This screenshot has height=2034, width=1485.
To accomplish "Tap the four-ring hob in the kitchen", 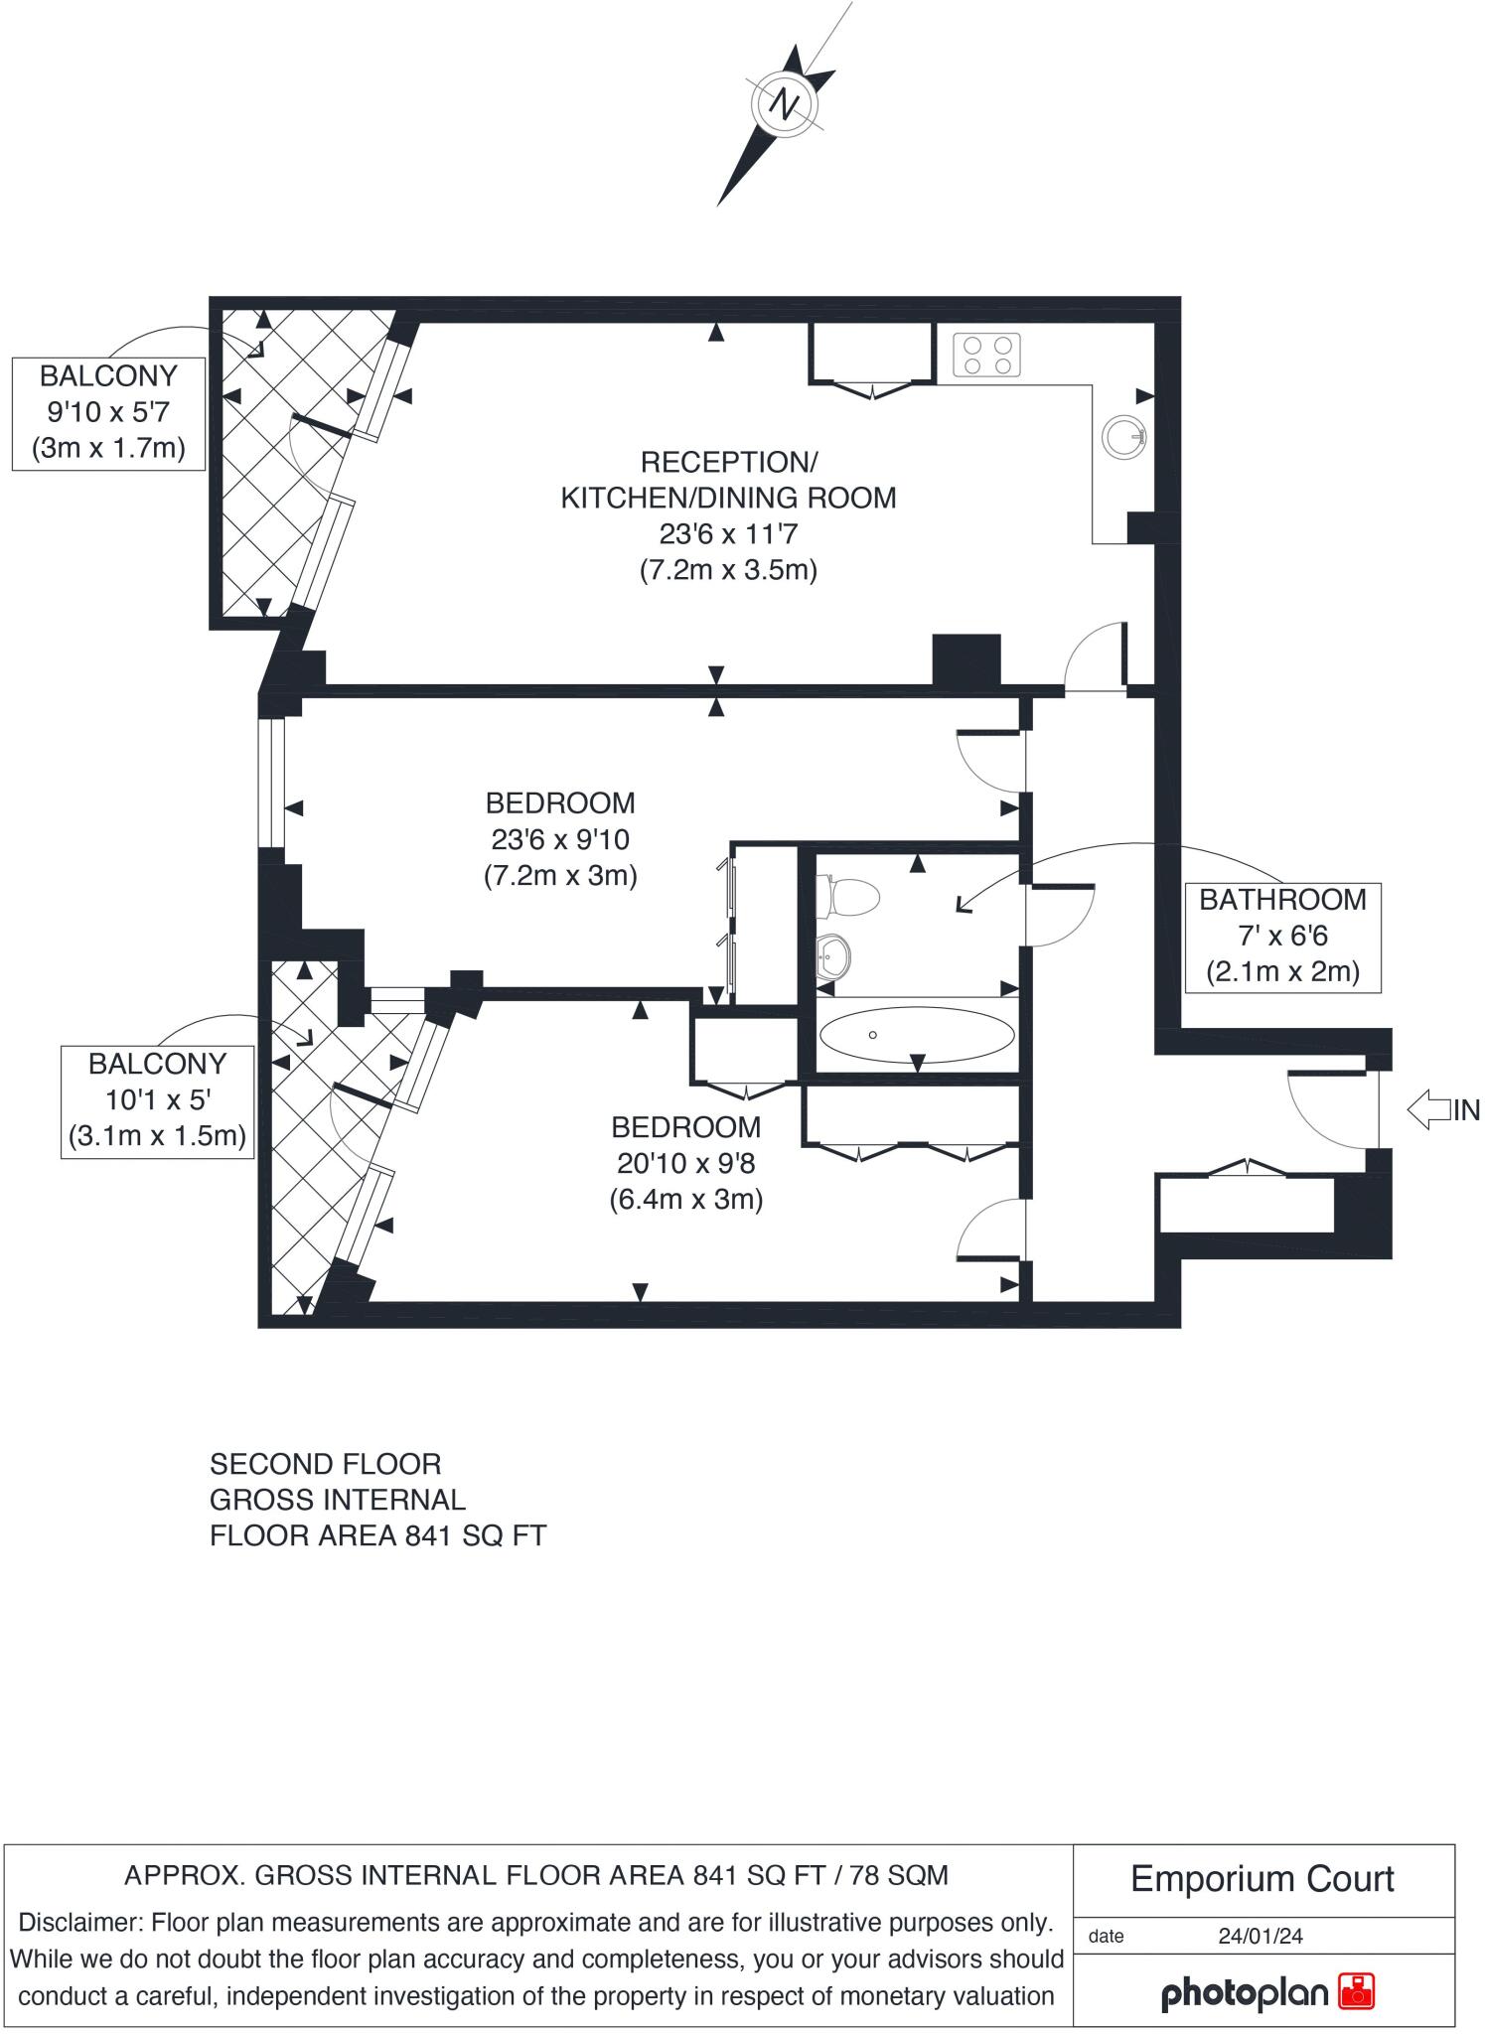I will (x=987, y=356).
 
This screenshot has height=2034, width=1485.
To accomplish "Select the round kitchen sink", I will (x=1124, y=435).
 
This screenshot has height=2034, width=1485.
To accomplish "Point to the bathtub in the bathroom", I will (x=916, y=1035).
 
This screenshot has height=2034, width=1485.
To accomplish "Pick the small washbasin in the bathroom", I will (x=832, y=958).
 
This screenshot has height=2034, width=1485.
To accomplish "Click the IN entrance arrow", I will (x=1429, y=1109).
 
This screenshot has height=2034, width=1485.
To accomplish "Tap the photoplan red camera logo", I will (x=1356, y=1991).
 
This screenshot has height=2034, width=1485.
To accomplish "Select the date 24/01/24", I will (x=1261, y=1936).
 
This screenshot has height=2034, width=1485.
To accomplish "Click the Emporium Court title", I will (x=1262, y=1879).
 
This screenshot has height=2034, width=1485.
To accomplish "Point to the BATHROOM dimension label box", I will (x=1282, y=936).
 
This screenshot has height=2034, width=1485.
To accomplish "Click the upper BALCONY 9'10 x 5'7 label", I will (x=108, y=412).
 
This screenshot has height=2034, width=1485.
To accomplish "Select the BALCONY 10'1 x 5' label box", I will (x=157, y=1099).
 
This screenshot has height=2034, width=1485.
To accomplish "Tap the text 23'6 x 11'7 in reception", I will (x=728, y=534).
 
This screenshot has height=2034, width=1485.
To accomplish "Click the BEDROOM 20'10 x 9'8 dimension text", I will (x=685, y=1163).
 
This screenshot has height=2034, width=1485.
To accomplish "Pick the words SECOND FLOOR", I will (x=325, y=1464).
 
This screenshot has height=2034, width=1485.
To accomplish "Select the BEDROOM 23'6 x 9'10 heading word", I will (x=559, y=802).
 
